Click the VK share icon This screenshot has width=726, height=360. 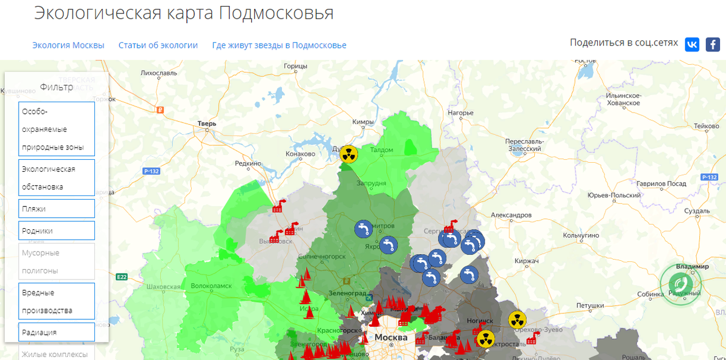pos(692,44)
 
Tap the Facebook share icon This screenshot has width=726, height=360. pos(713,44)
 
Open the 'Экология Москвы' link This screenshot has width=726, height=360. pos(68,45)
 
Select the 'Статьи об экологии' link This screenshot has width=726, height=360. pos(158,45)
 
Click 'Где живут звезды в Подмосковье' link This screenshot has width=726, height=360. pos(279,45)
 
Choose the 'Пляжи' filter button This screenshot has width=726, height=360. pos(56,209)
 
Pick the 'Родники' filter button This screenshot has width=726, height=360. pos(56,231)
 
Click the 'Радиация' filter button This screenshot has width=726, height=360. pos(56,332)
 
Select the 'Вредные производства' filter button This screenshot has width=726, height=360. pos(56,301)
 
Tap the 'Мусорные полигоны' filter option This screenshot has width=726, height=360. pos(56,261)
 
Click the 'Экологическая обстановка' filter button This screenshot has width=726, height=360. pos(56,178)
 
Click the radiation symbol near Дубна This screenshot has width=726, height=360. pos(348,154)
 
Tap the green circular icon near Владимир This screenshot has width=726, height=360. pos(681,284)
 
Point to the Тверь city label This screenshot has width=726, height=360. pos(206,124)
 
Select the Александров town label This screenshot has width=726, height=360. pos(511,215)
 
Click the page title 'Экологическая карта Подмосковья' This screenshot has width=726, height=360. pos(183,13)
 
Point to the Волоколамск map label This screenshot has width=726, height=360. pos(211,286)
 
